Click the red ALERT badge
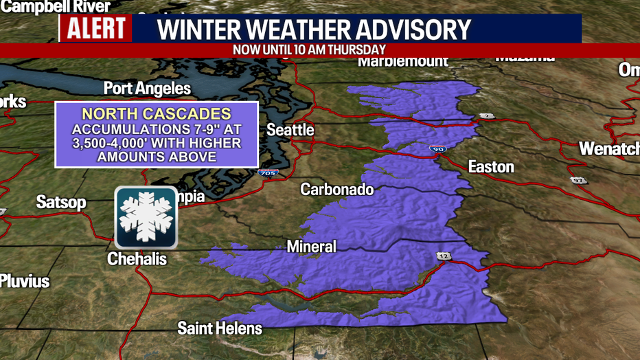(96, 29)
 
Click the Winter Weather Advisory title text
(315, 29)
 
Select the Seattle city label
(290, 130)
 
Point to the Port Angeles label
(147, 88)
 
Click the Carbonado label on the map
(336, 189)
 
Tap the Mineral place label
(311, 246)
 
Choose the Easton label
(490, 166)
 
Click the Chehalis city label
(137, 259)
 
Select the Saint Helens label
(220, 328)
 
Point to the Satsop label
(61, 202)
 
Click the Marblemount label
(402, 61)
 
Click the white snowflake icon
(146, 216)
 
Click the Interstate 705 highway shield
(268, 172)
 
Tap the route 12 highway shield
(441, 256)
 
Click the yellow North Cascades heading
(156, 114)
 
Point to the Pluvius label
(25, 280)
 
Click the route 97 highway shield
(579, 180)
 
